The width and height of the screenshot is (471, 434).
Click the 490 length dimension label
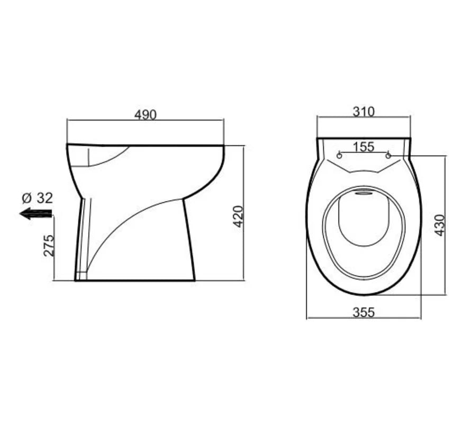145,114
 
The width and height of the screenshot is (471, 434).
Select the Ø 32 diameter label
38,198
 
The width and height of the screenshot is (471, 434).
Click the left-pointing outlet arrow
35,214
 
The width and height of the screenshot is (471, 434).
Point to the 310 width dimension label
364,112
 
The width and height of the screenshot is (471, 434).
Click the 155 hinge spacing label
364,147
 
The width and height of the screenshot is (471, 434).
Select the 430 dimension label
439,225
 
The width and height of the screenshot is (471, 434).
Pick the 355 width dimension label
364,312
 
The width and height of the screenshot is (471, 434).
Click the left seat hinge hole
339,155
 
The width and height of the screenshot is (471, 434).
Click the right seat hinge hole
389,155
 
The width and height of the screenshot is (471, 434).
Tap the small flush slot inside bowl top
364,193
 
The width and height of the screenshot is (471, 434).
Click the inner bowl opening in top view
364,222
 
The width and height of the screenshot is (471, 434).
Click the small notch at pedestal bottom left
81,276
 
